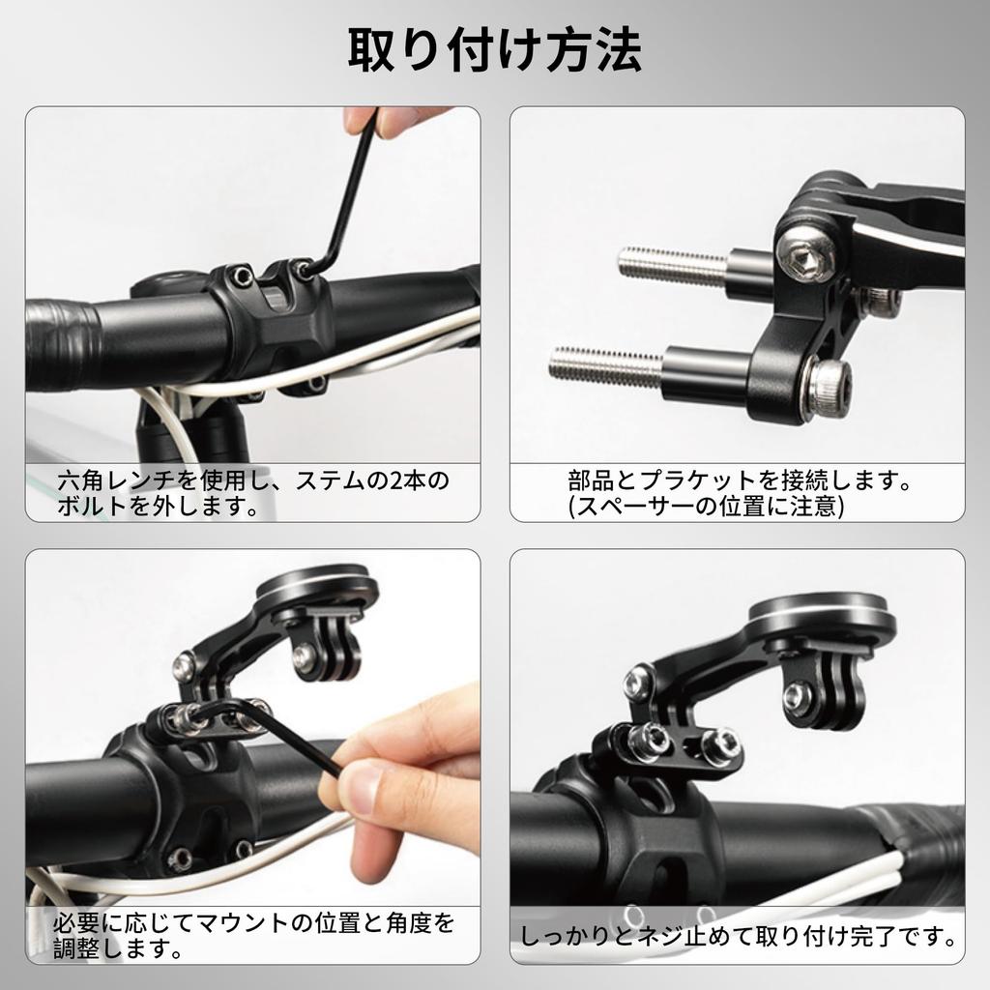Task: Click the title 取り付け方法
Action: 494,51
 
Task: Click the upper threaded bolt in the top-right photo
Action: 671,264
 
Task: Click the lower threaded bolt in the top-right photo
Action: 605,365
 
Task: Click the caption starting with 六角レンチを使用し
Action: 253,492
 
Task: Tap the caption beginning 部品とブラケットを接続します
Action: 740,480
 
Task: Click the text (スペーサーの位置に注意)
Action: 707,506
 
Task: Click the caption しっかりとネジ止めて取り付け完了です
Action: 738,936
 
